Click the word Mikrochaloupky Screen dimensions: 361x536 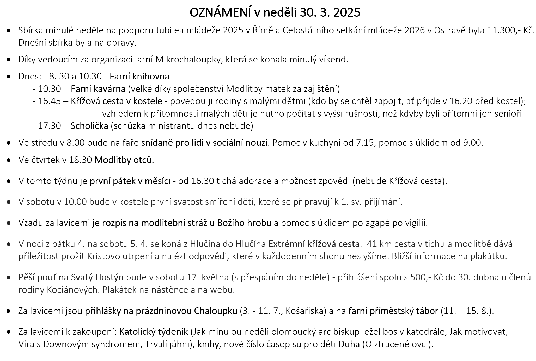click(x=188, y=60)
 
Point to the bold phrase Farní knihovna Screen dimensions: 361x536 click(x=139, y=76)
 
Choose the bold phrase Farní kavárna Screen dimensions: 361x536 click(x=98, y=89)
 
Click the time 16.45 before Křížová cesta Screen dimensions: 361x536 click(x=49, y=101)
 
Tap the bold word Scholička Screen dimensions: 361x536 click(x=89, y=126)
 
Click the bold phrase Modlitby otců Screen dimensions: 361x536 click(x=124, y=160)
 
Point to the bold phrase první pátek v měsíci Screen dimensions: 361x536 click(x=130, y=181)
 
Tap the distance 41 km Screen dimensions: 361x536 click(x=379, y=244)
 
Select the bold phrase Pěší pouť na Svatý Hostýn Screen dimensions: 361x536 click(x=71, y=277)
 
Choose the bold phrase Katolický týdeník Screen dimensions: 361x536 click(x=154, y=332)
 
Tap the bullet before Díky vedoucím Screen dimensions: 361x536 click(x=9, y=60)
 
